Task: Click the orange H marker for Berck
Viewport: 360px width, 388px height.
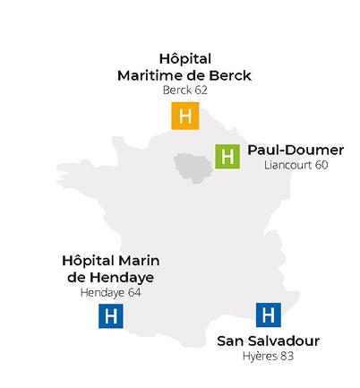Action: point(184,116)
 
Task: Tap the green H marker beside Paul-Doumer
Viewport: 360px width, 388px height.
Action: point(227,156)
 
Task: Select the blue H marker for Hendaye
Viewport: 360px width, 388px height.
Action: point(110,316)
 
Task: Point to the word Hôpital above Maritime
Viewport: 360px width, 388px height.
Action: point(184,59)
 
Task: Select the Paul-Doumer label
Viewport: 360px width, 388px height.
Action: point(295,150)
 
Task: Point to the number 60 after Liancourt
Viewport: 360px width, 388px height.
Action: point(321,166)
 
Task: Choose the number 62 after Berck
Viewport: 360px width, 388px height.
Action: point(201,91)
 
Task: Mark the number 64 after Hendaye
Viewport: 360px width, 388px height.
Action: point(135,292)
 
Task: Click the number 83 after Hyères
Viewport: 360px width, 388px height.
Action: point(287,357)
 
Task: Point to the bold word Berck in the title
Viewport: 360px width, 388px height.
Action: point(228,75)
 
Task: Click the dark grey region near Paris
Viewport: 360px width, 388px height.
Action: point(191,167)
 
